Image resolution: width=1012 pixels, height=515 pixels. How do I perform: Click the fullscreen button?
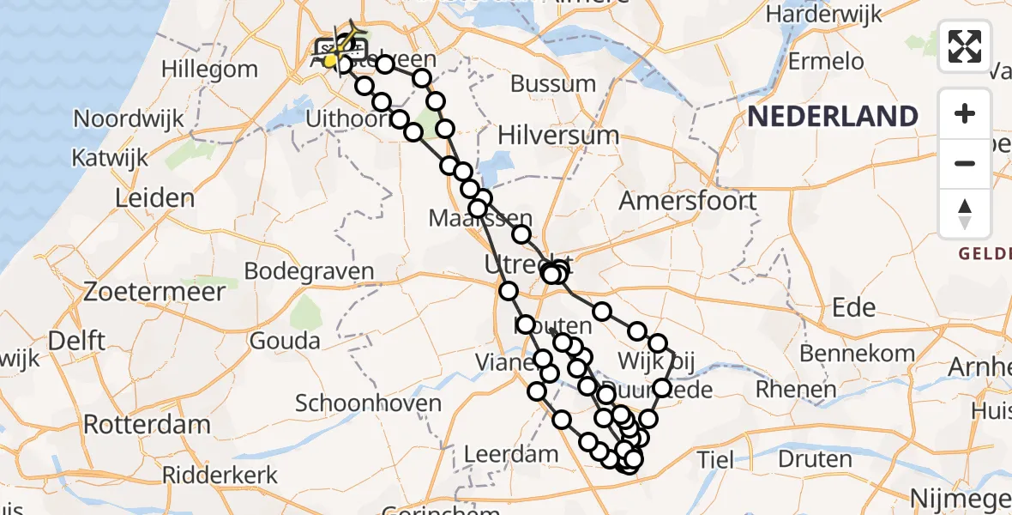point(965,45)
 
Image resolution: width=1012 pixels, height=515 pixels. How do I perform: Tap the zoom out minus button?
point(965,163)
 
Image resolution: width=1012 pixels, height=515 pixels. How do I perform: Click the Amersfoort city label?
point(688,201)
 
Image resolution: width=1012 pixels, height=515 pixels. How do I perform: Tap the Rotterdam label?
point(147,424)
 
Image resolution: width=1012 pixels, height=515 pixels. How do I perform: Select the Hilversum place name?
point(558,135)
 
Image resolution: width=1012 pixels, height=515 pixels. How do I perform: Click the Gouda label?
point(285,341)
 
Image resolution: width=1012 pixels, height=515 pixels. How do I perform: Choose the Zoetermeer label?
point(154,291)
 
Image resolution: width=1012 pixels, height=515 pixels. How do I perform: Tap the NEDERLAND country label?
point(833,116)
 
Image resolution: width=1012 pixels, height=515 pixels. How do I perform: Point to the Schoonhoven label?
point(368,403)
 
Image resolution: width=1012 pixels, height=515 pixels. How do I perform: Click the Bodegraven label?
point(309,271)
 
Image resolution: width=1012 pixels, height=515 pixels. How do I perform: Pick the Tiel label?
point(715,459)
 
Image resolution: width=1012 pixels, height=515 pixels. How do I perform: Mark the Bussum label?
point(553,83)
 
